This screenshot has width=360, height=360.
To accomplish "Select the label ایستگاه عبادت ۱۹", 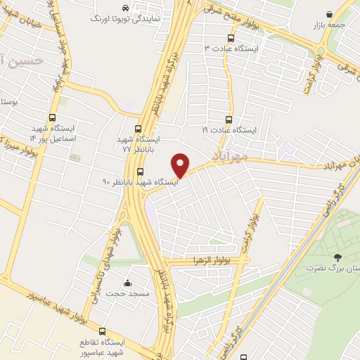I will [x=231, y=130].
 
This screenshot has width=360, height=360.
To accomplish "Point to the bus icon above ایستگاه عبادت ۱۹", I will [x=228, y=119].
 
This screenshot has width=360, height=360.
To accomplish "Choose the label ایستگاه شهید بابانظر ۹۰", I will [x=141, y=182].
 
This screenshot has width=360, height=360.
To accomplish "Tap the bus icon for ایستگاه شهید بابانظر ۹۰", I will [x=140, y=171].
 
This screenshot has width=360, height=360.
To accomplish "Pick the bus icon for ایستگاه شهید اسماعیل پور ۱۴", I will [x=51, y=118].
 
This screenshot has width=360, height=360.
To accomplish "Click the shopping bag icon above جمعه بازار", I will [x=329, y=14].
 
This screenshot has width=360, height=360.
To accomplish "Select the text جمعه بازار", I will [x=329, y=25].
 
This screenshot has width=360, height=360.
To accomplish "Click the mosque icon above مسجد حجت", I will [x=127, y=283].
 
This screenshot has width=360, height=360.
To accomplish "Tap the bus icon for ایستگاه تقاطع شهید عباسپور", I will [x=102, y=330].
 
